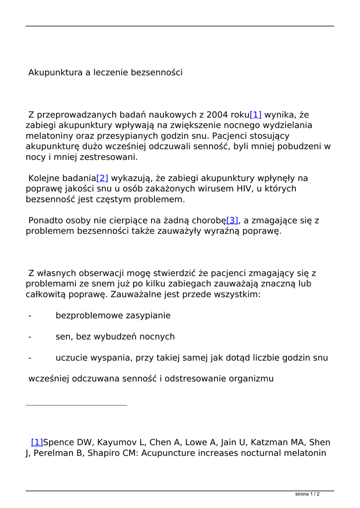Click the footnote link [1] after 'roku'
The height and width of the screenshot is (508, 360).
255,115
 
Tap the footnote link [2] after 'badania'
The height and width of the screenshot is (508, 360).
102,178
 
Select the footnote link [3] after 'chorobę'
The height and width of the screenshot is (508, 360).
232,220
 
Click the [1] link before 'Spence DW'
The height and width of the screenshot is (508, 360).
37,443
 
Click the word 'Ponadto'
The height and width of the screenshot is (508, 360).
46,220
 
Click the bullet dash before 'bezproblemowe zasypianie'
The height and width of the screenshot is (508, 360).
30,316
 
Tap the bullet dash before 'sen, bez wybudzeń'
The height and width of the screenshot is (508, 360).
30,337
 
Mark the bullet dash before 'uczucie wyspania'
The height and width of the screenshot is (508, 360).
30,358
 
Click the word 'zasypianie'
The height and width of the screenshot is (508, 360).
147,316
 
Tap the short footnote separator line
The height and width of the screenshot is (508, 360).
76,405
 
